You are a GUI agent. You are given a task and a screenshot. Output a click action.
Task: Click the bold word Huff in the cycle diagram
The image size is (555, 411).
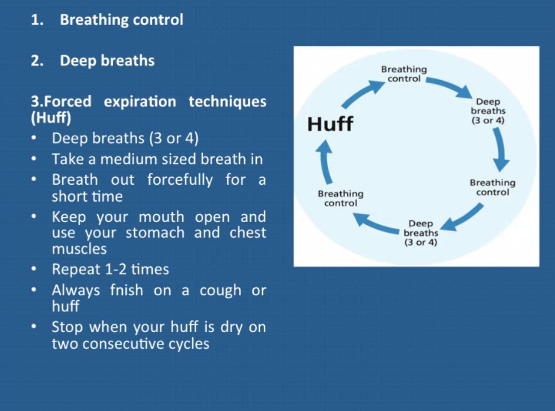[330, 123]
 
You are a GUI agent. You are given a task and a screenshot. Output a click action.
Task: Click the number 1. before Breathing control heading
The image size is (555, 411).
[37, 20]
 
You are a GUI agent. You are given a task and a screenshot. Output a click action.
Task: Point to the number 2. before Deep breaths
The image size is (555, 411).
[37, 61]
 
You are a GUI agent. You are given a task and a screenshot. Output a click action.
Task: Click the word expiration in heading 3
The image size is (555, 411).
[140, 102]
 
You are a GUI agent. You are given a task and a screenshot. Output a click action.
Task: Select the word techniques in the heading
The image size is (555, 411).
[227, 102]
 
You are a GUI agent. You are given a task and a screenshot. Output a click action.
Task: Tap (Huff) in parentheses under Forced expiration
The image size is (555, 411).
[51, 118]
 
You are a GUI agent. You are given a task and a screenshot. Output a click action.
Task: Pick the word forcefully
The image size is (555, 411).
[180, 180]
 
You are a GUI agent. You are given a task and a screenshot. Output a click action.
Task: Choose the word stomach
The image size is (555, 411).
[155, 233]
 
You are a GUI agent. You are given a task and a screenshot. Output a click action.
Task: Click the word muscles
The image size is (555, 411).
[79, 249]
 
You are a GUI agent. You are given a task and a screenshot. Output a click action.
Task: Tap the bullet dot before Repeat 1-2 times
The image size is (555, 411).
[34, 269]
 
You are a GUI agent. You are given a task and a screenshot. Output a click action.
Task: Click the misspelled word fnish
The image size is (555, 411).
[126, 290]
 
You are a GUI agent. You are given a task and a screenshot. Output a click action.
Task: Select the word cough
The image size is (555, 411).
[220, 291]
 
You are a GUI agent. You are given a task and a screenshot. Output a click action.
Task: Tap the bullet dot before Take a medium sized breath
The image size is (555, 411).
[34, 159]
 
